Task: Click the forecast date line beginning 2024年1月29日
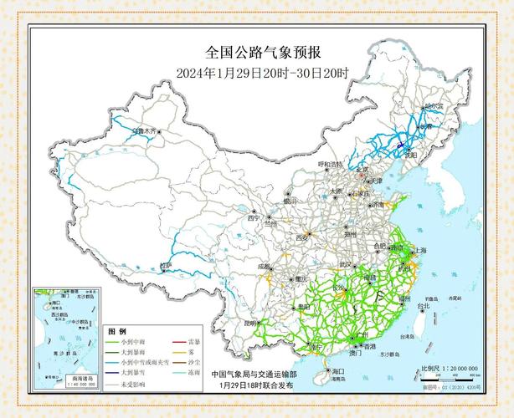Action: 263,73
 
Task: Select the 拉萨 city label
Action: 167,265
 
